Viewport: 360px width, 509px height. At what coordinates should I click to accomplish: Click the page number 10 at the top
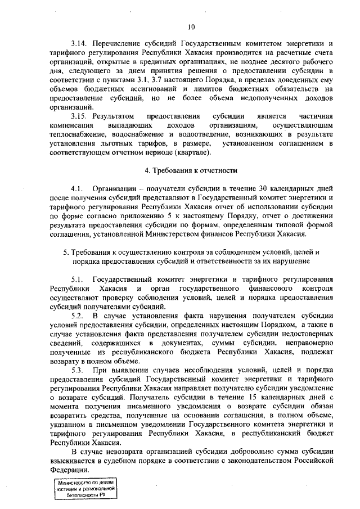(191, 26)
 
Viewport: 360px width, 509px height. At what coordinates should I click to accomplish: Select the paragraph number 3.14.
(79, 44)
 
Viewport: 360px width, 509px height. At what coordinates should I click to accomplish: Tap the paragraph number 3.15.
(80, 115)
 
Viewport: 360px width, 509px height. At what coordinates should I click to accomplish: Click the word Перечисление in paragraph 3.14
(119, 44)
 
